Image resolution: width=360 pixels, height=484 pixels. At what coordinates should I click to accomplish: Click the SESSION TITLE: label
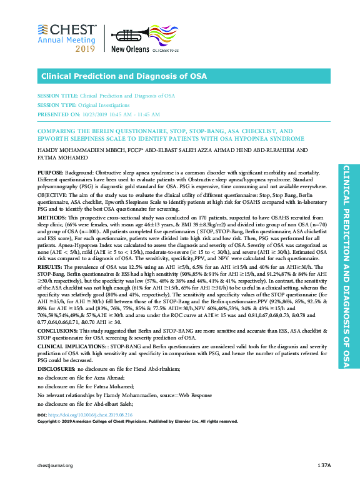(57, 96)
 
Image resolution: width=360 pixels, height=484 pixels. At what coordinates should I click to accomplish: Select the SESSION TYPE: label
(57, 106)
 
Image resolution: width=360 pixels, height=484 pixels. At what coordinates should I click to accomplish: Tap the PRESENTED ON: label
(59, 114)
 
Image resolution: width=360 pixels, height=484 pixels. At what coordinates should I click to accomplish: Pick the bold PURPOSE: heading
(50, 171)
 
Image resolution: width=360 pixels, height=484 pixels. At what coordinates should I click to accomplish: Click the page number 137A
(323, 465)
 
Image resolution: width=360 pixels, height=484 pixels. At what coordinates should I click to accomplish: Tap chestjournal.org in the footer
(56, 465)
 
